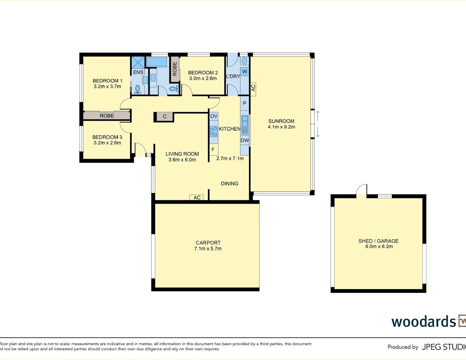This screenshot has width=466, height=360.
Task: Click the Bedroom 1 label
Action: coord(107,81)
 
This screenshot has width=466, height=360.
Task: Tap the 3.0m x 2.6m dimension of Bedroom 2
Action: coord(203,78)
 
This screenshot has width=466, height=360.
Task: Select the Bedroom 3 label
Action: coord(107,137)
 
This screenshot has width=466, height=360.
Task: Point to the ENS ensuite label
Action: coord(138,72)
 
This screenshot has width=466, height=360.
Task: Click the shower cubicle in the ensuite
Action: coord(138,62)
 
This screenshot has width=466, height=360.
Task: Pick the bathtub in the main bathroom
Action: coord(156,62)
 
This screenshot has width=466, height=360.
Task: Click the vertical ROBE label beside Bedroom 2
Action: coord(175,69)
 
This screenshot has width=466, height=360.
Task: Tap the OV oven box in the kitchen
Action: coord(214,116)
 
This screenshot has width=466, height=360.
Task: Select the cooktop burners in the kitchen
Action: coord(213,132)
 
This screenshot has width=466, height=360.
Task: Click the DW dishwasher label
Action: coord(245,140)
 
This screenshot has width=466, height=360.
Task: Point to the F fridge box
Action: coord(213,150)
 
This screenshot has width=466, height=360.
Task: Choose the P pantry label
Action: coord(245,103)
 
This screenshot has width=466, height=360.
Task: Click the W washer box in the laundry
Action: coord(245,72)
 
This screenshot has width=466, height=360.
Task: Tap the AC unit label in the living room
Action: coord(197,198)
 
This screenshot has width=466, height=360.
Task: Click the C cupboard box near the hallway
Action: coord(164,117)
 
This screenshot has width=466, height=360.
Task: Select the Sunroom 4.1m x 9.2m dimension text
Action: coord(281,127)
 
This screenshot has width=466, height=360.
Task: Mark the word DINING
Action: coord(229,184)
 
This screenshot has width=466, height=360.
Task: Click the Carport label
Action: coord(208,243)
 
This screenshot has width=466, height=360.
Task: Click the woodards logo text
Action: coord(423,322)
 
